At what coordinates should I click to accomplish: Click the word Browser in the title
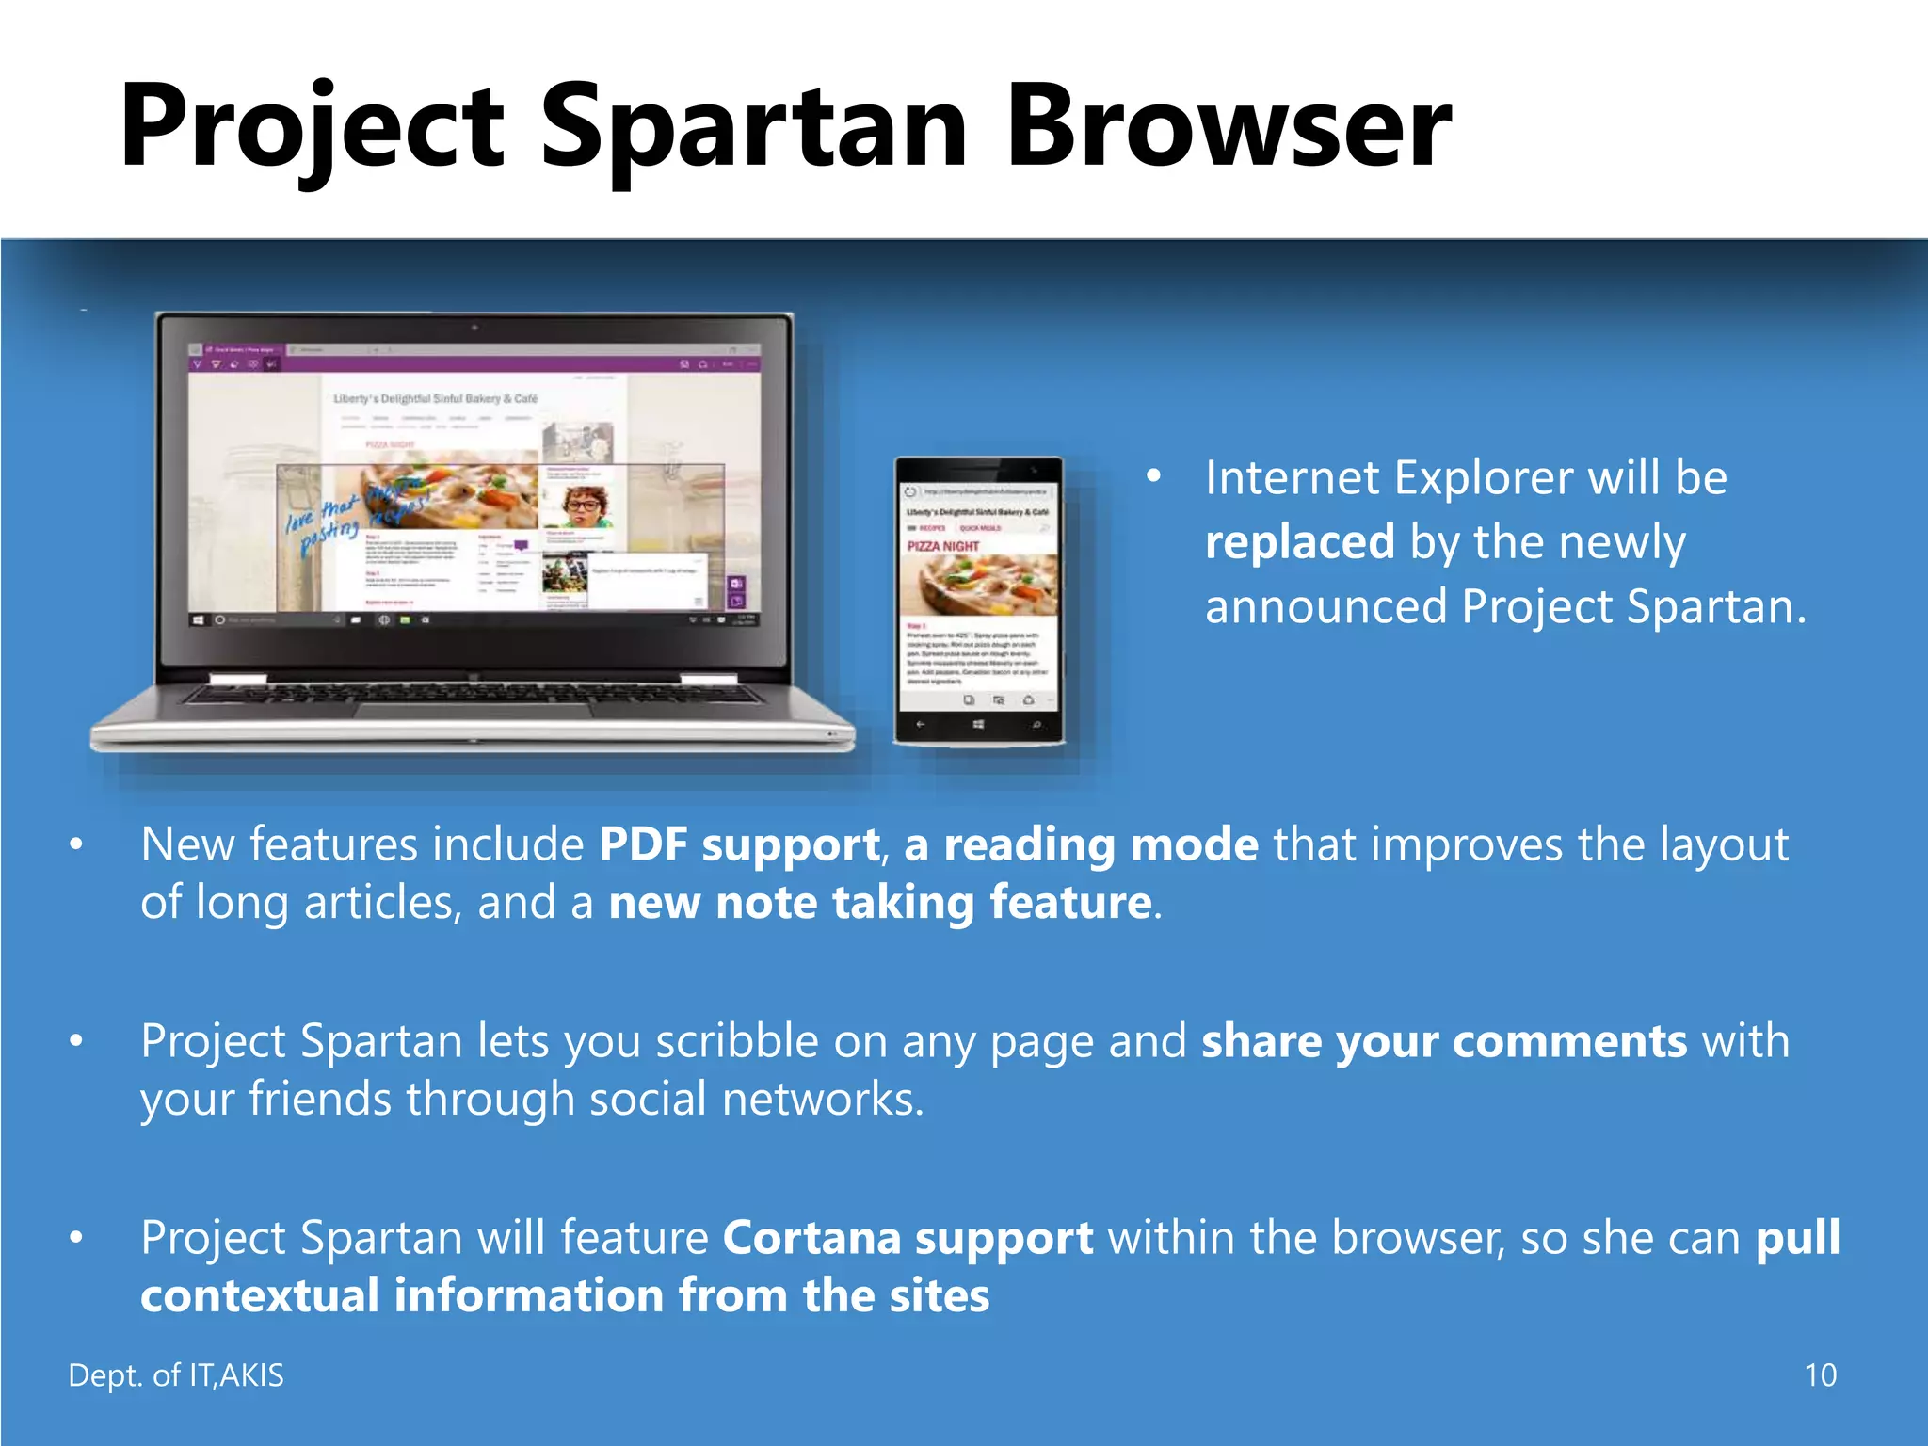pos(1229,127)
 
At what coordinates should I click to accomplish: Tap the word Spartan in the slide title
pos(753,127)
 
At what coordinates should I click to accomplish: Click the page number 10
pos(1820,1375)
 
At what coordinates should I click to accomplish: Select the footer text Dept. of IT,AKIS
pos(176,1375)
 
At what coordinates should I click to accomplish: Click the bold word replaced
pos(1299,543)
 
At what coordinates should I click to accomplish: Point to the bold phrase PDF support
pos(740,844)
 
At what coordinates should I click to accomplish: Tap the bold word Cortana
pos(811,1238)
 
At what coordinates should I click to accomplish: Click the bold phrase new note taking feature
pos(880,903)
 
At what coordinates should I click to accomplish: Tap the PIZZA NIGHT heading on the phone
pos(943,546)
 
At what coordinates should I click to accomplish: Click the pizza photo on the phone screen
pos(979,584)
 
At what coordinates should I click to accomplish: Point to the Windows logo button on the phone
pos(978,724)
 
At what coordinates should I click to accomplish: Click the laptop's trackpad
pos(474,708)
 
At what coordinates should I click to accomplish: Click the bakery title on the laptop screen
pos(435,399)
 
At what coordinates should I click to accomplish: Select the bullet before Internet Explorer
pos(1153,476)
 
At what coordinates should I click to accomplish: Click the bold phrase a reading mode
pos(1081,844)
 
